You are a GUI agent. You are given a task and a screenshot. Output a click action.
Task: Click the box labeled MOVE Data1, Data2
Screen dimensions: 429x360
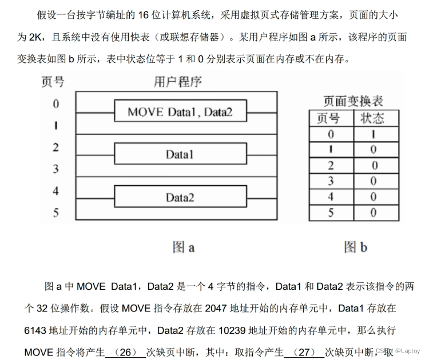pyautogui.click(x=180, y=112)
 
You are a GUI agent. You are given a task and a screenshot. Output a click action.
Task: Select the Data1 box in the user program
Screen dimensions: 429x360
pyautogui.click(x=180, y=154)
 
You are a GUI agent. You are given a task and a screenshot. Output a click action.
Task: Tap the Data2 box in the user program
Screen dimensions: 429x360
pyautogui.click(x=180, y=197)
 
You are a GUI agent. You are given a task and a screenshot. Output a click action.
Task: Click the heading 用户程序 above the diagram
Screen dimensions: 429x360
pyautogui.click(x=178, y=82)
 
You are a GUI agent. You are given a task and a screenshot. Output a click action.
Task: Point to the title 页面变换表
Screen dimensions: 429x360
pyautogui.click(x=353, y=101)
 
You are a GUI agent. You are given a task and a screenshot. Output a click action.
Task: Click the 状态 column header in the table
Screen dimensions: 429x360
pyautogui.click(x=372, y=118)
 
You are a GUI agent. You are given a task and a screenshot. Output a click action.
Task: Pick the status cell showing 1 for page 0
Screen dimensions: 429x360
pyautogui.click(x=372, y=134)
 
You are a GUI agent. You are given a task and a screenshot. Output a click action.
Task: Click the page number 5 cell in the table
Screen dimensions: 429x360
pyautogui.click(x=331, y=213)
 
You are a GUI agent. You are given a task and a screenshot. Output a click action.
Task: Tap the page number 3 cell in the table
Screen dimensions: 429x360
pyautogui.click(x=331, y=181)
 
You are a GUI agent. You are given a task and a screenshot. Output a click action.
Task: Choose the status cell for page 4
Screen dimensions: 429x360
pyautogui.click(x=372, y=197)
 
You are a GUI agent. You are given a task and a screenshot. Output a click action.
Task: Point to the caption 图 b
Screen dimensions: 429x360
pyautogui.click(x=356, y=247)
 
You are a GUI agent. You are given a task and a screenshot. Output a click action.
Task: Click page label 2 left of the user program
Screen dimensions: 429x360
pyautogui.click(x=56, y=147)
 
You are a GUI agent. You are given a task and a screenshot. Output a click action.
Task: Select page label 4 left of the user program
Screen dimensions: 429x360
pyautogui.click(x=56, y=191)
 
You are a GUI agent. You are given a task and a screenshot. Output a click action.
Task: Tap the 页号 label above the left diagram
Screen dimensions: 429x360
pyautogui.click(x=53, y=82)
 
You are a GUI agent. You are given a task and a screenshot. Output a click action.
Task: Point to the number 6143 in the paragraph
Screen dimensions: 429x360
pyautogui.click(x=37, y=330)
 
